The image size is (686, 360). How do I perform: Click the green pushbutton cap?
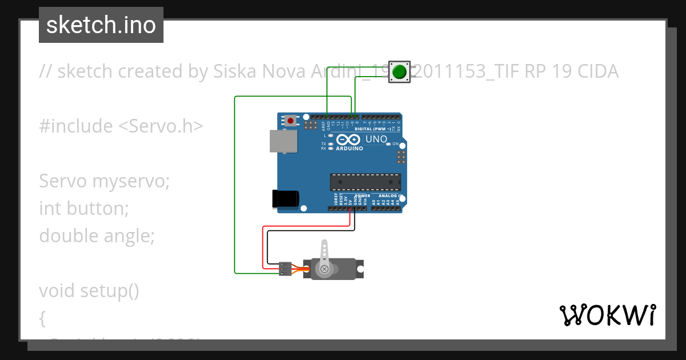point(401,72)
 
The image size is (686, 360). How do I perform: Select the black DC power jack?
point(286,198)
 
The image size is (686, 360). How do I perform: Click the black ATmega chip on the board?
point(365,182)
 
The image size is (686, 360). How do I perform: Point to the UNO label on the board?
point(376,139)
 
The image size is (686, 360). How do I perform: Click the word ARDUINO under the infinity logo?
point(349,149)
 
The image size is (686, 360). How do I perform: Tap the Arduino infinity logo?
point(349,140)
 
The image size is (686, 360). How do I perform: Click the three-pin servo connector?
point(285,269)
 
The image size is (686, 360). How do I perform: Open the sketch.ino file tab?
point(101,25)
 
